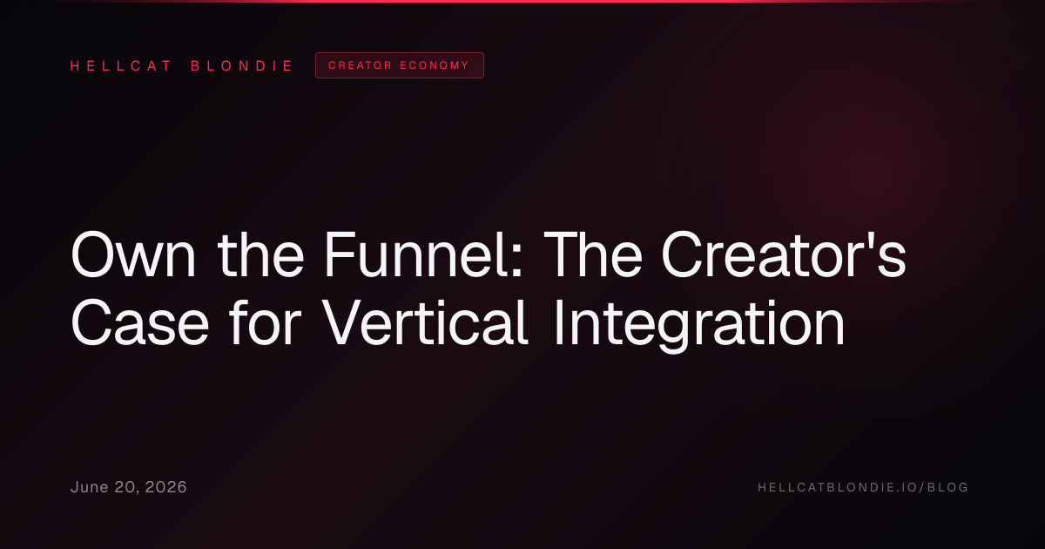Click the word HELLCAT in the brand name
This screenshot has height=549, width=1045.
click(x=120, y=66)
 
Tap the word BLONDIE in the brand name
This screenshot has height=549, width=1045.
click(x=241, y=66)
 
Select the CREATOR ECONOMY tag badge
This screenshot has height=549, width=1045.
click(x=400, y=65)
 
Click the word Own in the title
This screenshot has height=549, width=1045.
click(x=133, y=255)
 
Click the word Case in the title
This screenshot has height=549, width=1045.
click(x=139, y=322)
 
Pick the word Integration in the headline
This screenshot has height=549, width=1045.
click(x=699, y=325)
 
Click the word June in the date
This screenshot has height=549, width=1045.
click(x=90, y=487)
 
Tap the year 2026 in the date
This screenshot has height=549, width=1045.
click(x=165, y=487)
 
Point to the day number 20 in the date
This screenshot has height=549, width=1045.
click(x=126, y=488)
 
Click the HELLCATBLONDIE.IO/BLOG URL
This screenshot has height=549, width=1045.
click(x=863, y=487)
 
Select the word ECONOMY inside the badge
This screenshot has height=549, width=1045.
click(x=435, y=65)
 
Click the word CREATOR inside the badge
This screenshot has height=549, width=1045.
click(x=361, y=65)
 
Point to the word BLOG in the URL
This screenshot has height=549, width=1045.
click(x=947, y=487)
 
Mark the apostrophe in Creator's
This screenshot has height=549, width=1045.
click(x=872, y=240)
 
